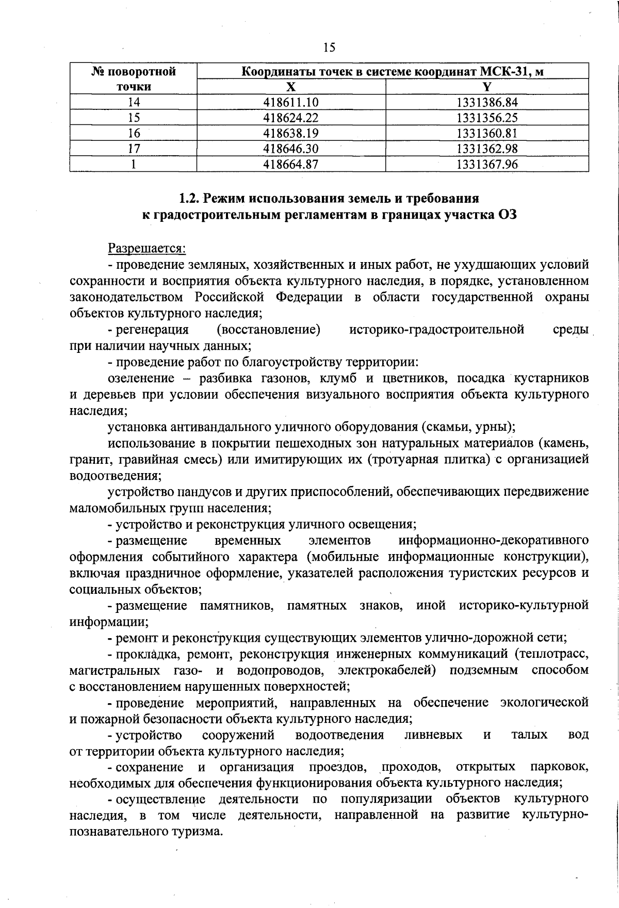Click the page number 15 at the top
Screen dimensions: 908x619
(x=329, y=47)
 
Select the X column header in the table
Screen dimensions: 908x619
(x=291, y=87)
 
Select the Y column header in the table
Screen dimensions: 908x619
(x=487, y=87)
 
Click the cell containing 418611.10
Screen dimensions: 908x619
(x=291, y=102)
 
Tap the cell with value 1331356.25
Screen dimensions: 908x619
(x=487, y=118)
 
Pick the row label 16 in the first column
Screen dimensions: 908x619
(x=134, y=133)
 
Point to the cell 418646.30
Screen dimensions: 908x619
(x=291, y=149)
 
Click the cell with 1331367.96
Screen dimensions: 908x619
(x=487, y=164)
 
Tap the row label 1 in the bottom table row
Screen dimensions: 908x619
(x=134, y=164)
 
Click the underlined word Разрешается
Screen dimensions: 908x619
(x=146, y=249)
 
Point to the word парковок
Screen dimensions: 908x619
(x=559, y=767)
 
